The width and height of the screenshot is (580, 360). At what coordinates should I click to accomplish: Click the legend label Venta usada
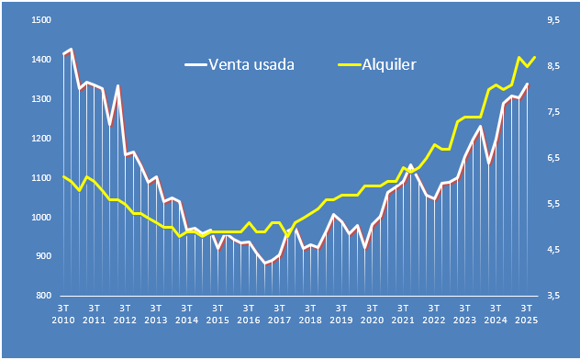click(x=252, y=64)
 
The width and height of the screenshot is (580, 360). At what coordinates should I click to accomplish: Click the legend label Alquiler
click(x=390, y=64)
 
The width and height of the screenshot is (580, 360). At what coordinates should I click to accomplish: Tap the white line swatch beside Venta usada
click(x=196, y=65)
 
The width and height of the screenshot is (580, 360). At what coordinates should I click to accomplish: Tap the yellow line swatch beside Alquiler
click(x=350, y=65)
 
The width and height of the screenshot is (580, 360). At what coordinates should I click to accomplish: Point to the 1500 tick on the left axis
click(x=40, y=20)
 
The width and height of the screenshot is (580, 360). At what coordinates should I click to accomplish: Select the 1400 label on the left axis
click(x=40, y=60)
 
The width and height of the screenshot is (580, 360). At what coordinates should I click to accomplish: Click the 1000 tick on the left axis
click(x=40, y=218)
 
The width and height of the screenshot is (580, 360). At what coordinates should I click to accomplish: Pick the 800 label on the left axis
click(x=42, y=297)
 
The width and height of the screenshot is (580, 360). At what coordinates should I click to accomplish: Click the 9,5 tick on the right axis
click(x=553, y=20)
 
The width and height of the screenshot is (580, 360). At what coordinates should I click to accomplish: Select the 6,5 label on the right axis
click(x=553, y=158)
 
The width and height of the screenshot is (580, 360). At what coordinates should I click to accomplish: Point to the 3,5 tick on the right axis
click(x=553, y=297)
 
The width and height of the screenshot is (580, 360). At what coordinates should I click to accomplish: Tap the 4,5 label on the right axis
click(x=553, y=250)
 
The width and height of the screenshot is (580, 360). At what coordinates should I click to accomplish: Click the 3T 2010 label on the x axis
click(x=63, y=313)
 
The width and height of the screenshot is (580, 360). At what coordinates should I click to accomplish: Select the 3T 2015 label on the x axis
click(x=217, y=313)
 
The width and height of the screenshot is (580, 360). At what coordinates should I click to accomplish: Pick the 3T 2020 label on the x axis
click(x=372, y=313)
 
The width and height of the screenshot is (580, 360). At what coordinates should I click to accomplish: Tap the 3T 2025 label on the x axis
click(x=526, y=313)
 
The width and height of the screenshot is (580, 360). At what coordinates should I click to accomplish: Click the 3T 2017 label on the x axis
click(x=279, y=313)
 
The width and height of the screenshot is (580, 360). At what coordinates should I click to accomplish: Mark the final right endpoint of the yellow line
click(x=534, y=57)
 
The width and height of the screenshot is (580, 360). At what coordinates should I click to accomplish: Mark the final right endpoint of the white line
click(x=528, y=84)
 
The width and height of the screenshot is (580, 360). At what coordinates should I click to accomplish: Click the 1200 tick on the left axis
click(x=40, y=139)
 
